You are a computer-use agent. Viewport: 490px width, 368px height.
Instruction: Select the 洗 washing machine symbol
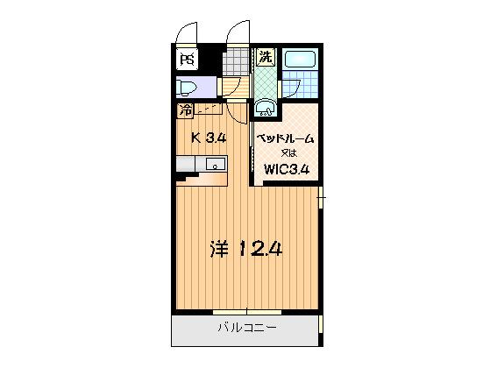tap(265, 58)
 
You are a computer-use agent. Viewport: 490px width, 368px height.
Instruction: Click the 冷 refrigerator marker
tap(186, 110)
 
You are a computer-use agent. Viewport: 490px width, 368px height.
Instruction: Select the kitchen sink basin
tap(214, 164)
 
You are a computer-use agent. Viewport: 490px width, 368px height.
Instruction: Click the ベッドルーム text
tap(285, 138)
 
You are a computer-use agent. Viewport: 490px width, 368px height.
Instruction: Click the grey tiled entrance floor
tap(236, 61)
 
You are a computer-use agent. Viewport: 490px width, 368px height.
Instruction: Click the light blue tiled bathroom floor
tap(300, 88)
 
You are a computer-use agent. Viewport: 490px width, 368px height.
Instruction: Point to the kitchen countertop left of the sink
tap(188, 164)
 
